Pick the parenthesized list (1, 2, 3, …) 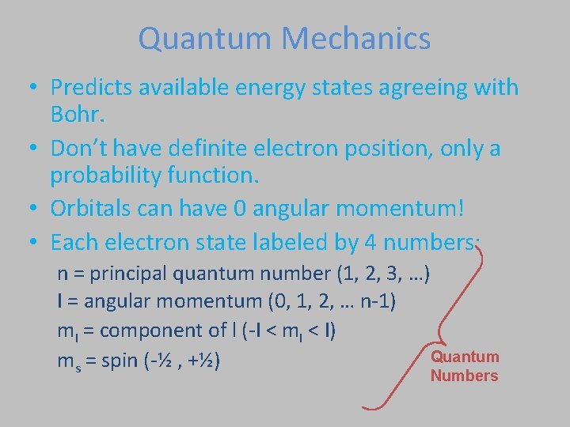pyautogui.click(x=383, y=274)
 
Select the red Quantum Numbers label pyautogui.click(x=465, y=366)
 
